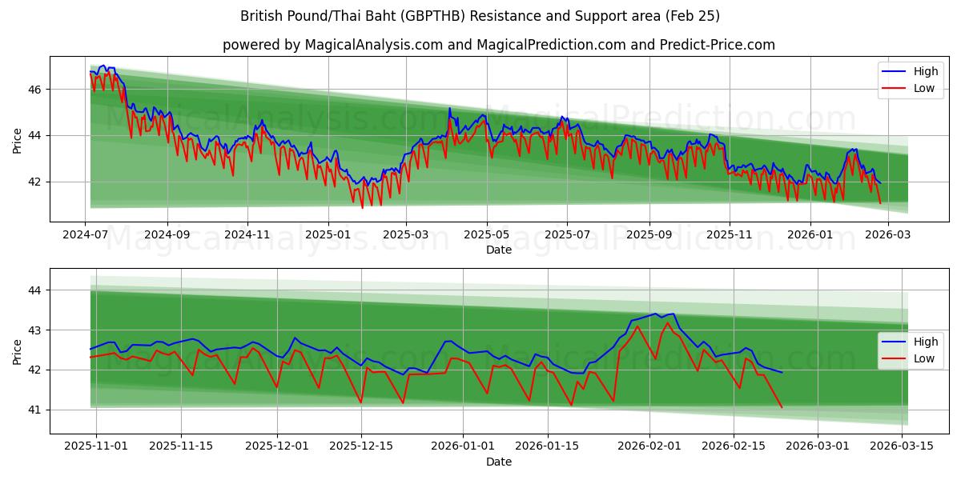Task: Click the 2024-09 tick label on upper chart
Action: pyautogui.click(x=167, y=235)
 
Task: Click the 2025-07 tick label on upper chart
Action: pyautogui.click(x=567, y=235)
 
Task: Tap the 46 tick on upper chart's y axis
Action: pyautogui.click(x=35, y=90)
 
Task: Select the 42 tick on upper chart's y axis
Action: pyautogui.click(x=35, y=182)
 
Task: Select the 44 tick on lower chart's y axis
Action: pyautogui.click(x=35, y=290)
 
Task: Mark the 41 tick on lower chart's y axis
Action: pyautogui.click(x=35, y=410)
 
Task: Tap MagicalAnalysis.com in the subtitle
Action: pyautogui.click(x=373, y=45)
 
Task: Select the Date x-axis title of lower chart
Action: pyautogui.click(x=498, y=462)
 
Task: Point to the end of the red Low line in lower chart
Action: pyautogui.click(x=782, y=407)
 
